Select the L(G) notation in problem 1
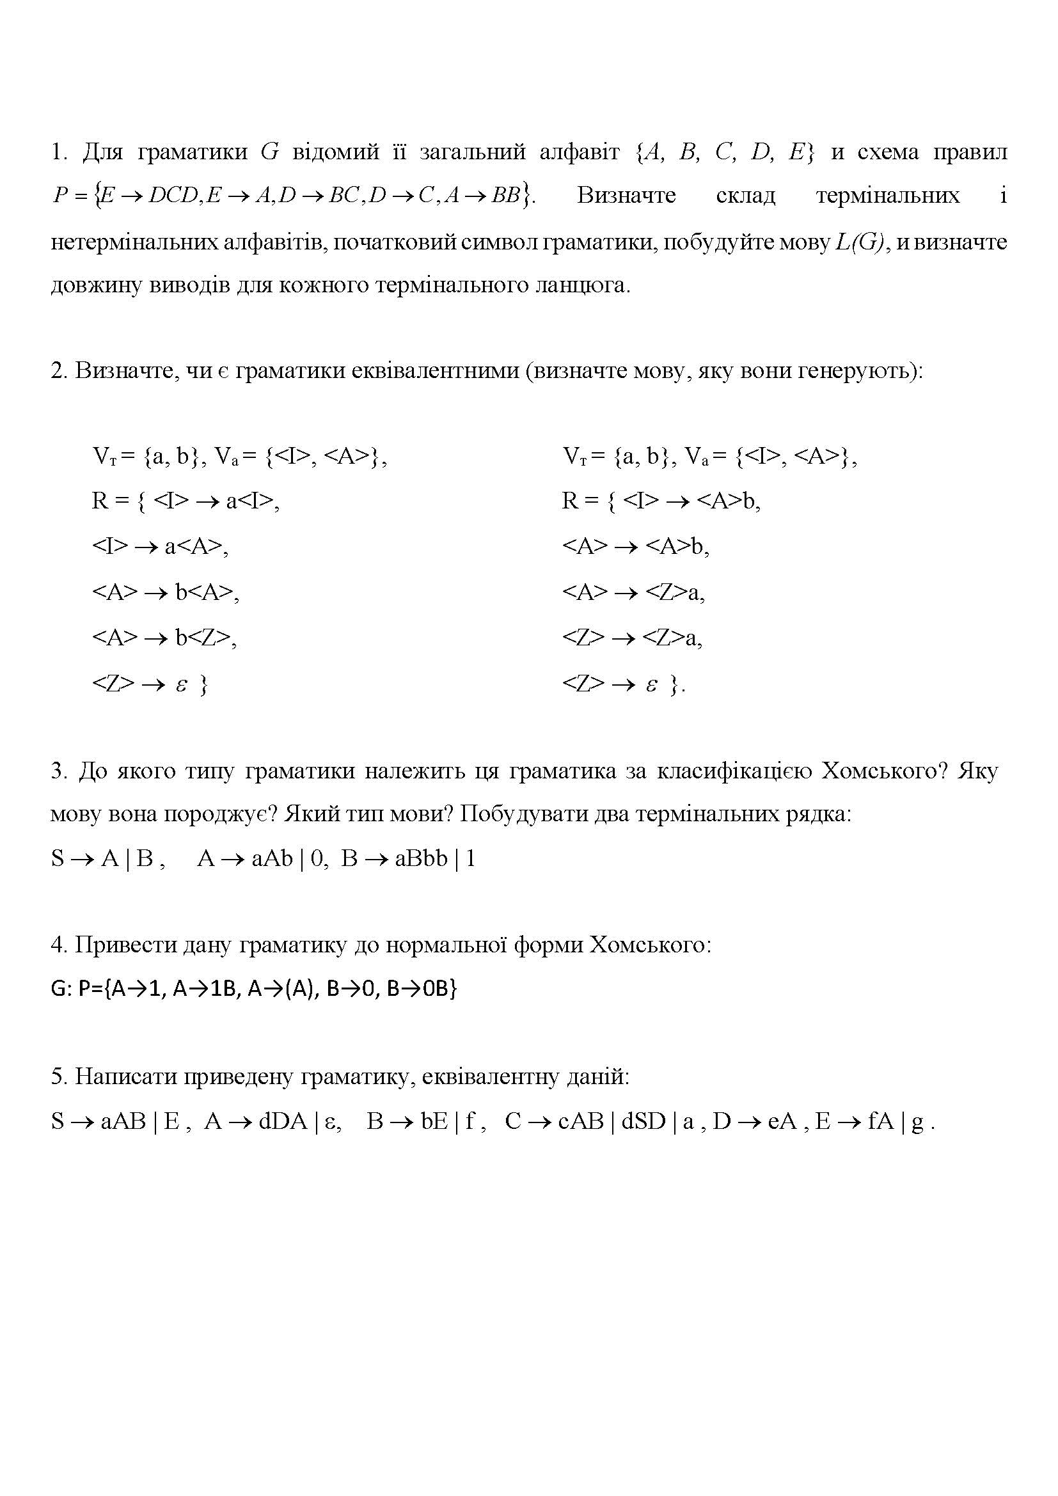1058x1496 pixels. [x=862, y=242]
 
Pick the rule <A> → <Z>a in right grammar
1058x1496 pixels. [x=633, y=592]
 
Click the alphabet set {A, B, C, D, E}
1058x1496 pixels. [x=724, y=152]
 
